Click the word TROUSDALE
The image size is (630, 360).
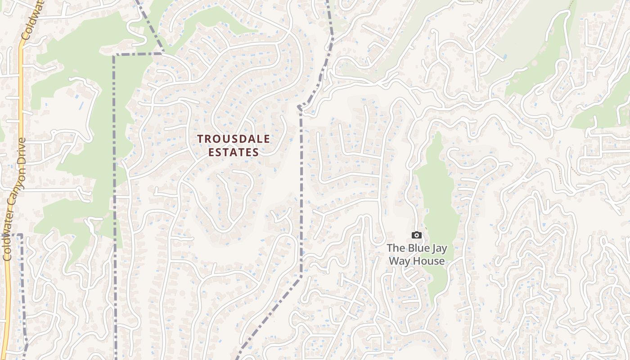coord(234,139)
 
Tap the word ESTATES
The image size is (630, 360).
coord(234,153)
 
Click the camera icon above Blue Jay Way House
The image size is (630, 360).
coord(417,235)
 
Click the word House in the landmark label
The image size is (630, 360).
coord(429,261)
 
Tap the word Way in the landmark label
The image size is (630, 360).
coord(400,261)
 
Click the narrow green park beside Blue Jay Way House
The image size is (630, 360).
coord(435,202)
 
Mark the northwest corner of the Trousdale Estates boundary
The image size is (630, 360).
coord(114,55)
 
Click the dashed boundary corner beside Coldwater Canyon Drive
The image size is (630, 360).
coord(20,235)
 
